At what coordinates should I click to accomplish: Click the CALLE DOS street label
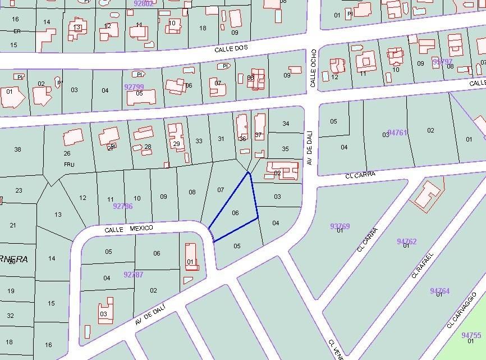click(x=231, y=49)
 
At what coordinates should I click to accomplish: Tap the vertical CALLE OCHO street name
click(x=314, y=68)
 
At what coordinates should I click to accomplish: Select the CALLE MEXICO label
click(x=129, y=229)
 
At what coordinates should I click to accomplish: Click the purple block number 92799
click(x=134, y=87)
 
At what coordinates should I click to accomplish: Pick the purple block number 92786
click(x=123, y=206)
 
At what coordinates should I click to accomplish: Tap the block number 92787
click(x=134, y=275)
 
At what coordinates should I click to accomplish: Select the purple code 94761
click(x=397, y=133)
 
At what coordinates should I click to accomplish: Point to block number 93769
click(x=340, y=226)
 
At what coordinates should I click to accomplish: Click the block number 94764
click(x=440, y=291)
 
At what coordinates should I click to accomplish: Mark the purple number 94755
click(x=471, y=335)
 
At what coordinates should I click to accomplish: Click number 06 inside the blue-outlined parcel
click(x=236, y=213)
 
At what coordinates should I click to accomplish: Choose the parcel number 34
click(x=286, y=124)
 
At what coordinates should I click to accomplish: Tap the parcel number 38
click(x=17, y=149)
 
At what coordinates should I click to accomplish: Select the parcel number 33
click(x=199, y=141)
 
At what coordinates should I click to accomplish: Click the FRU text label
click(x=69, y=165)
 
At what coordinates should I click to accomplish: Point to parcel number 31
click(x=221, y=139)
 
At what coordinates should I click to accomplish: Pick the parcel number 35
click(x=285, y=149)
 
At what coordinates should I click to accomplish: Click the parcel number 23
click(x=19, y=190)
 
